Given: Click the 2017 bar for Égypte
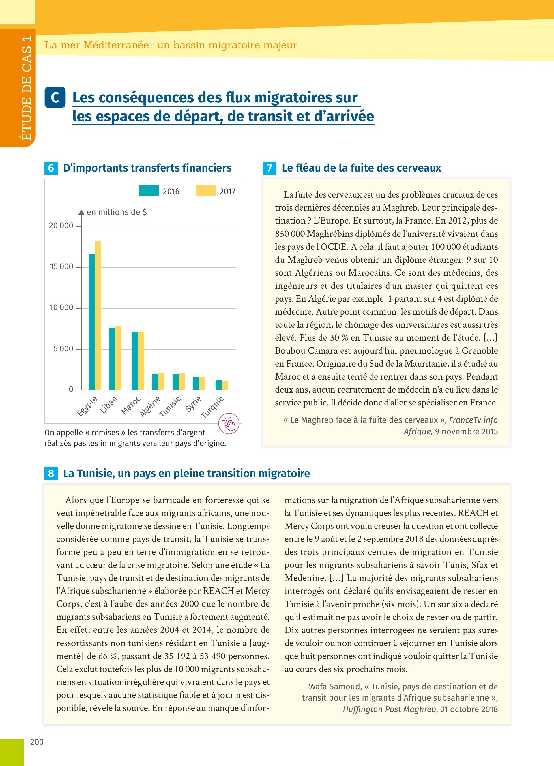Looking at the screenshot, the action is (x=98, y=316).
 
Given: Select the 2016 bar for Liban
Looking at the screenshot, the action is (x=112, y=359).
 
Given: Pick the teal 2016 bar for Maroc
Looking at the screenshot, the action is (x=135, y=361).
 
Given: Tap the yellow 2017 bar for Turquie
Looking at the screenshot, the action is (x=225, y=385).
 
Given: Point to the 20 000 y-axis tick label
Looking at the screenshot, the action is (x=61, y=226).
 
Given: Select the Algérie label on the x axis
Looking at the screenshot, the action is (x=151, y=407).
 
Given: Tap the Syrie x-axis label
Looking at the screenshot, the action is (x=194, y=404).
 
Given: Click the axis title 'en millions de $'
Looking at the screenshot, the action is (x=117, y=212).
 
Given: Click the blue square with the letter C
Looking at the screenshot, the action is (x=55, y=97).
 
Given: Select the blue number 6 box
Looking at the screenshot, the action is (x=51, y=168).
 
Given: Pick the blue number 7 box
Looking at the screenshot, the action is (x=269, y=168).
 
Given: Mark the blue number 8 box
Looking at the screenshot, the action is (x=51, y=473).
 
